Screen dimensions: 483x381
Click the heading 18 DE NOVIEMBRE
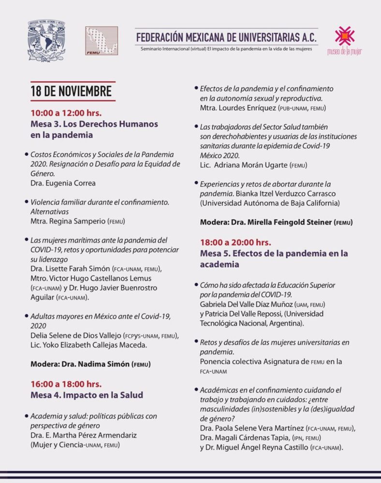pyautogui.click(x=71, y=91)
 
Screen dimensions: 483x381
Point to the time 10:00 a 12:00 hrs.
pyautogui.click(x=66, y=113)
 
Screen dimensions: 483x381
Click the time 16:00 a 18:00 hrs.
pyautogui.click(x=66, y=384)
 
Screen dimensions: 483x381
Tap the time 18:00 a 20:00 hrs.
pyautogui.click(x=235, y=242)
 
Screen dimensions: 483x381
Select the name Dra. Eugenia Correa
pyautogui.click(x=63, y=183)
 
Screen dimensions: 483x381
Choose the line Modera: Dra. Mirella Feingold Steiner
pyautogui.click(x=276, y=222)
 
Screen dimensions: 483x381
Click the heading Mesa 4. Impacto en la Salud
pyautogui.click(x=87, y=395)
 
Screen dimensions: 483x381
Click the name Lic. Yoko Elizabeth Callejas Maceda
pyautogui.click(x=93, y=345)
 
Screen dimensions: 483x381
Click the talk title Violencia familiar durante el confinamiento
pyautogui.click(x=99, y=202)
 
